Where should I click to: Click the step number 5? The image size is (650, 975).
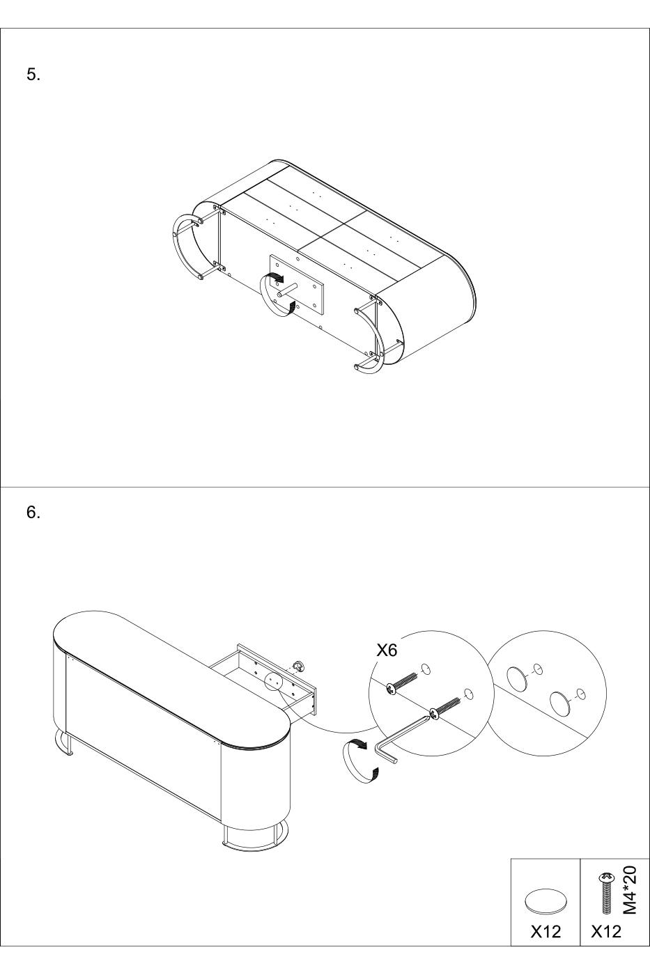33,75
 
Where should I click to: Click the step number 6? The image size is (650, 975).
33,513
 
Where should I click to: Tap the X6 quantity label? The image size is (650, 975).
387,650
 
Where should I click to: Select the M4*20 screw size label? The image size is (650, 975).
630,890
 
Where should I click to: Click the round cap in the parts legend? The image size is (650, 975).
546,900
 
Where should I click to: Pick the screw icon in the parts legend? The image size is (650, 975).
605,892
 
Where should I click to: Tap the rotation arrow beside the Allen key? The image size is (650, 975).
360,761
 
